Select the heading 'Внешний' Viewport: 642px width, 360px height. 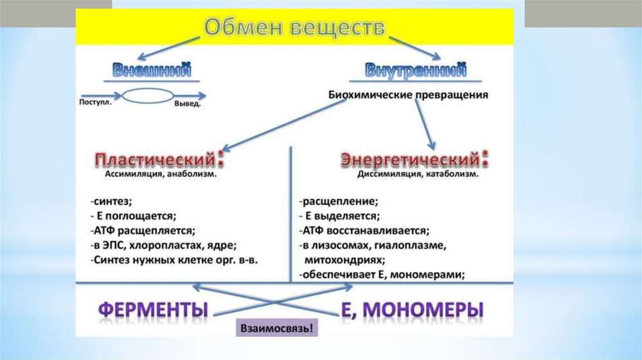click(152, 70)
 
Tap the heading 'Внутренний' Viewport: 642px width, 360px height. click(416, 70)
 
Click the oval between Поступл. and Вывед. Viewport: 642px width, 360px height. click(148, 97)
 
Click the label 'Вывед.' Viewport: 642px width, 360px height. click(187, 104)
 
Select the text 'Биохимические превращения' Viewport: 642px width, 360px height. click(408, 96)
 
